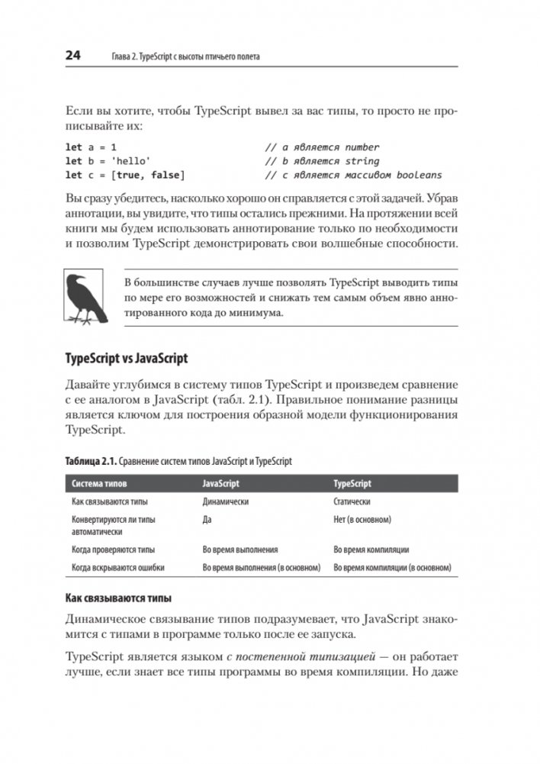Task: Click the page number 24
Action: [73, 56]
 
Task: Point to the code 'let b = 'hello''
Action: [108, 161]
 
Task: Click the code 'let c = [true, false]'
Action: [124, 175]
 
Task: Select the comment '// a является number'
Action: [322, 147]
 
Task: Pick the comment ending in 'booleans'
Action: [353, 175]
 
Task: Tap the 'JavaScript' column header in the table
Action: [221, 484]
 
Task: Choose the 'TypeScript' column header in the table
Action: [353, 484]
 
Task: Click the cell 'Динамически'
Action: [227, 502]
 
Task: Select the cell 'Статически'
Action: [352, 502]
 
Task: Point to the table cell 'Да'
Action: [207, 520]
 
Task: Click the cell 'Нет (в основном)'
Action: [363, 520]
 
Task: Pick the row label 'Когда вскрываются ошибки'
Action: [118, 568]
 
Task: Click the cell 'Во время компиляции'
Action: [372, 549]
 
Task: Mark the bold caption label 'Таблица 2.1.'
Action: [95, 462]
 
